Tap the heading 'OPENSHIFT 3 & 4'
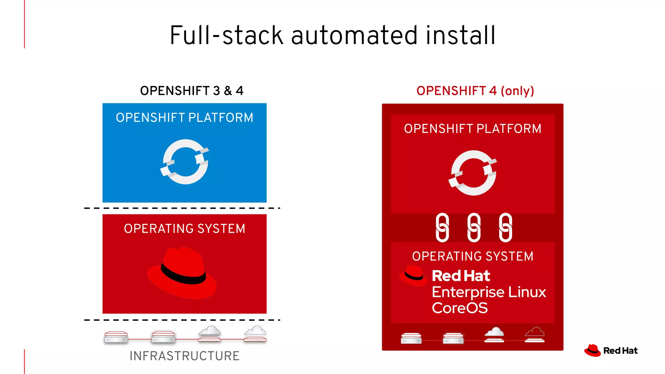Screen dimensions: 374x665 [x=192, y=91]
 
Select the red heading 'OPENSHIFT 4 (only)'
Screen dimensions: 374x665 [x=475, y=91]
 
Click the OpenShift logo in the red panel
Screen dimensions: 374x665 [x=473, y=173]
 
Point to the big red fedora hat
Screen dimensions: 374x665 [x=182, y=273]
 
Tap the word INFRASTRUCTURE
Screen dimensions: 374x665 [x=184, y=356]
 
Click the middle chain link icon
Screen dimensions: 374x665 [x=474, y=228]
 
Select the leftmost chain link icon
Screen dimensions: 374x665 [x=442, y=228]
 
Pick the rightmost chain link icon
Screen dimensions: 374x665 [x=505, y=228]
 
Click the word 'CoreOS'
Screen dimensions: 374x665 [x=459, y=308]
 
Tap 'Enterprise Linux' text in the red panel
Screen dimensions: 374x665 [x=489, y=292]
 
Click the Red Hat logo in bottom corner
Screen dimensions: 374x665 [x=610, y=351]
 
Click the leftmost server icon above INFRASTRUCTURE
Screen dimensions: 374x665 [x=116, y=337]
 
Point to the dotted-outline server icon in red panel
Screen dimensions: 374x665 [x=453, y=338]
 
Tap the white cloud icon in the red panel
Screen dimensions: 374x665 [x=494, y=335]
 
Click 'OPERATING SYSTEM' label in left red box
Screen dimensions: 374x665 [x=184, y=229]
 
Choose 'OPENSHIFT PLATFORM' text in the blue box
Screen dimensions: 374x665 [x=184, y=118]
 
